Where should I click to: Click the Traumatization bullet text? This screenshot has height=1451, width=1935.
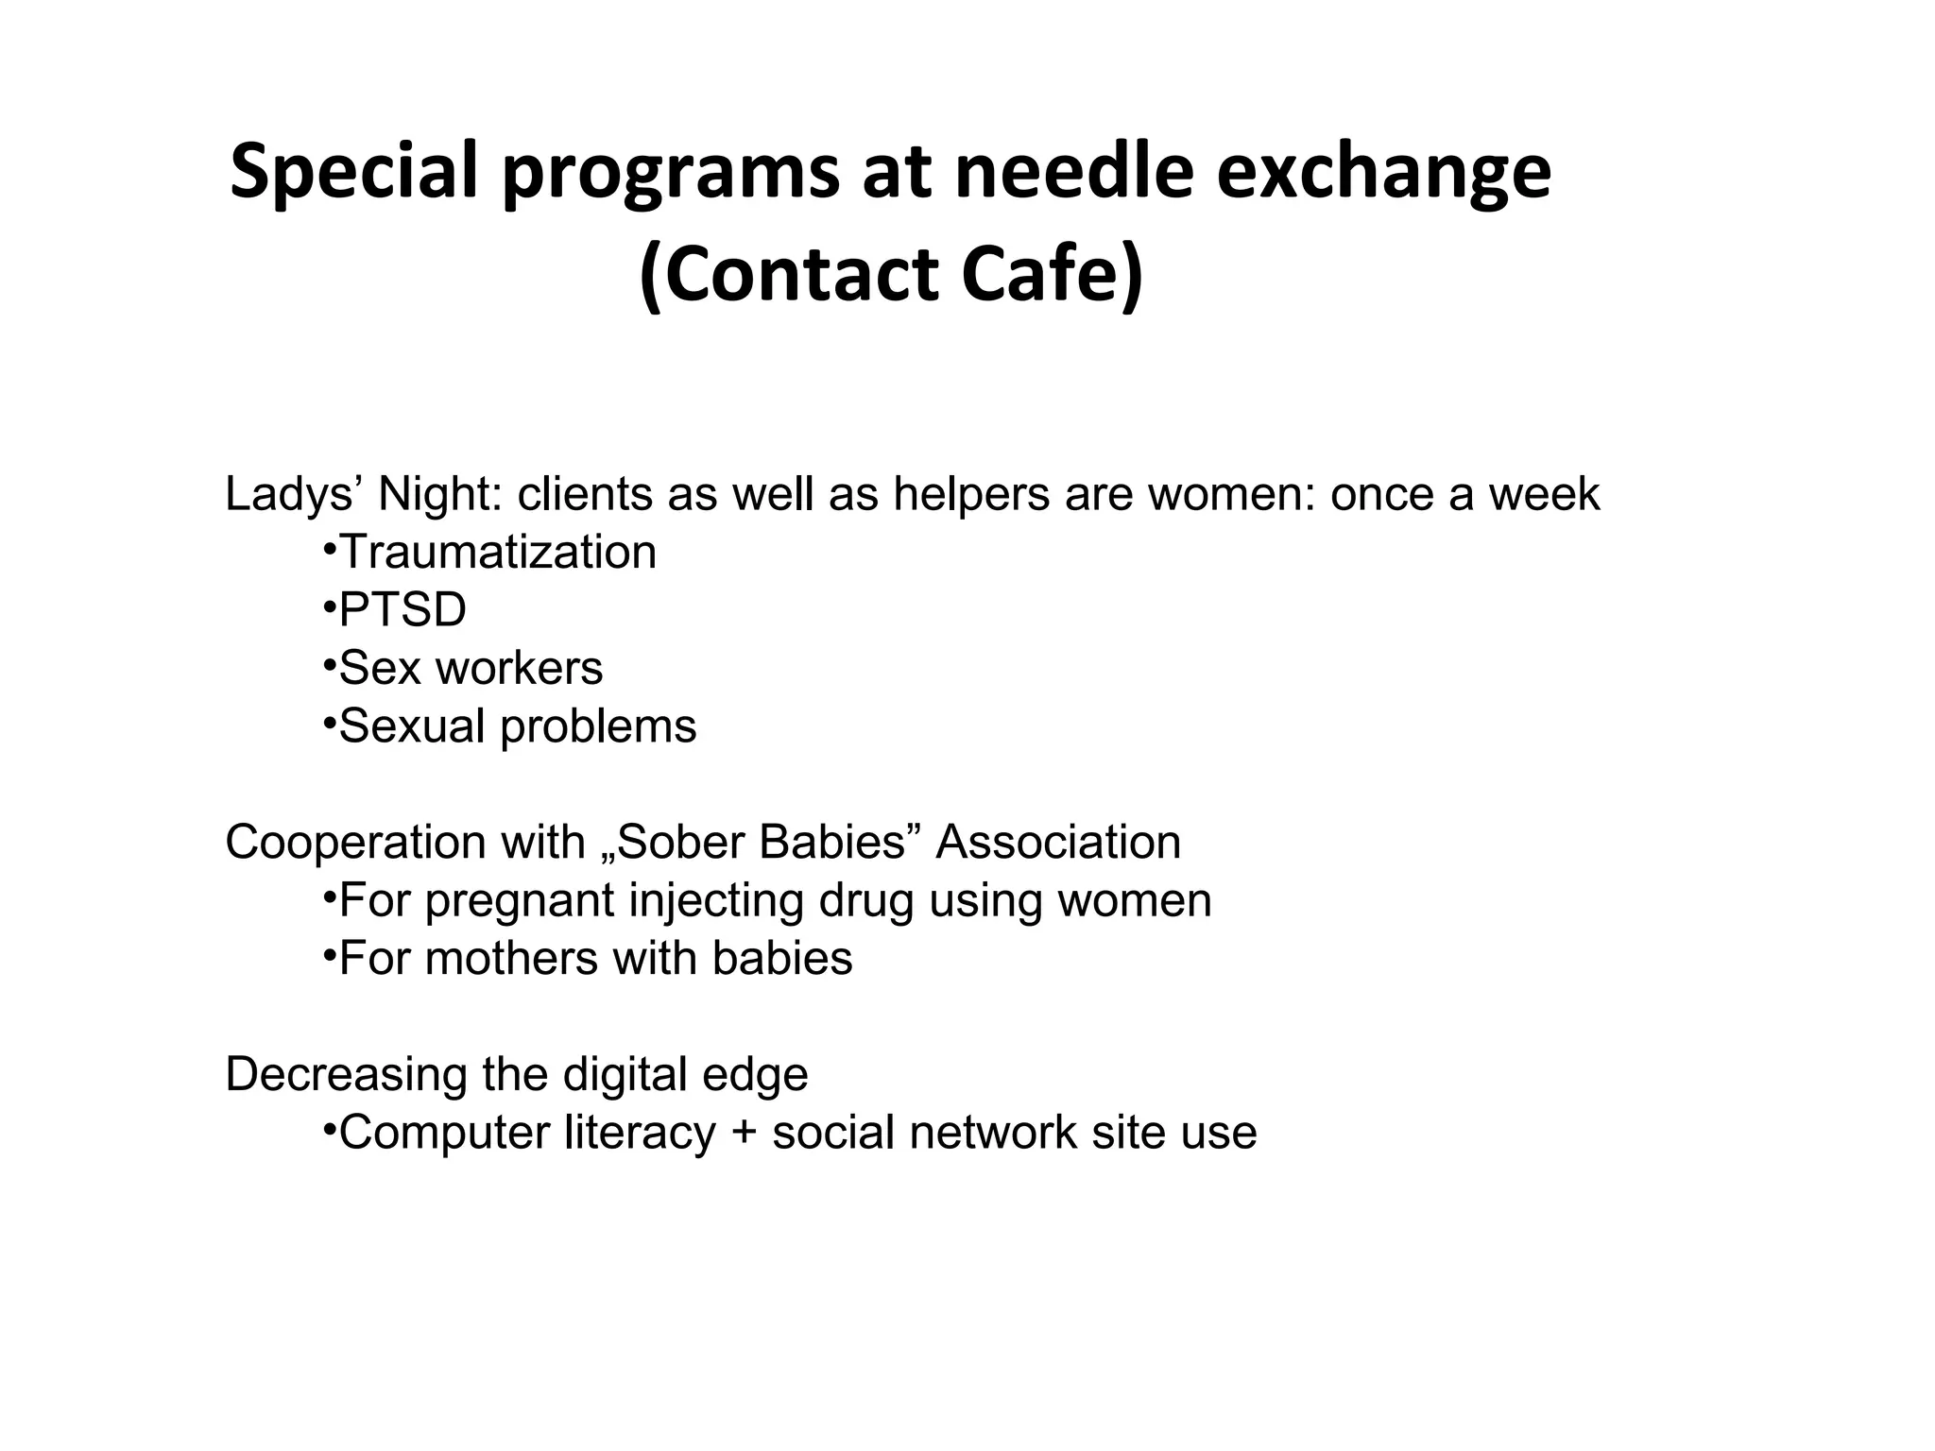(x=497, y=552)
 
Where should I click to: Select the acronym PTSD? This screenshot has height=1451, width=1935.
(x=402, y=610)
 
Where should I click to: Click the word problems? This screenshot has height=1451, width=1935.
(x=598, y=726)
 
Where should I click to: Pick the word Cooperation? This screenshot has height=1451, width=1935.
(x=355, y=842)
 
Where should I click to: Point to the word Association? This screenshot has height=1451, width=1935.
(x=1058, y=842)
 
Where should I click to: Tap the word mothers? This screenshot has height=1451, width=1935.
(x=511, y=958)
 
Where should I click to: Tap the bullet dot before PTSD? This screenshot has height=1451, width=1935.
(x=329, y=604)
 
